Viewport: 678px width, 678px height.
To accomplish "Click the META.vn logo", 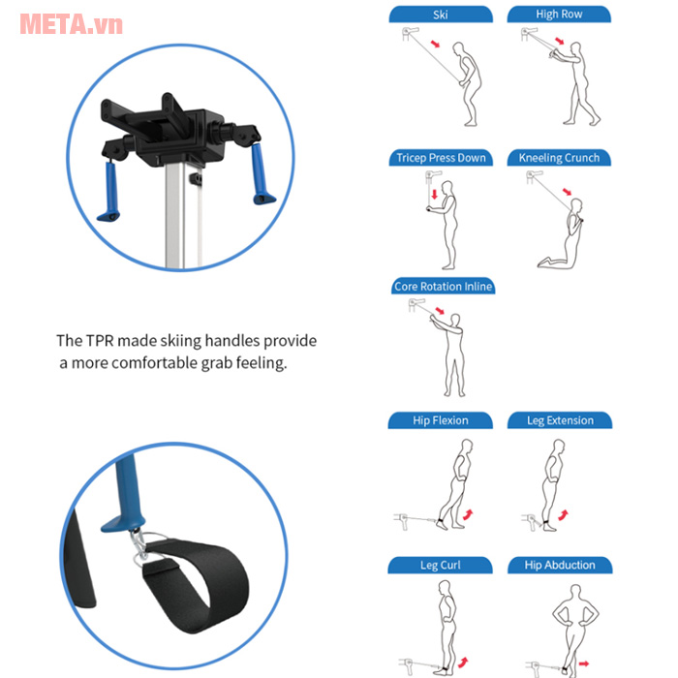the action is (72, 24).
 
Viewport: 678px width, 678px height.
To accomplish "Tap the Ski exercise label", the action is (441, 15).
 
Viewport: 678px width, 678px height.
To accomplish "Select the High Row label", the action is (559, 15).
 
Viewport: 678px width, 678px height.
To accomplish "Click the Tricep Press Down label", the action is (441, 158).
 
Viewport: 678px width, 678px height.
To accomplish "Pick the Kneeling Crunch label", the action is (559, 158).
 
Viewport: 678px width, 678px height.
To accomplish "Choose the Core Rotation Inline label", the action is (444, 287).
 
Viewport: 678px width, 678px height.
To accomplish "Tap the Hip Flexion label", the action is (440, 420).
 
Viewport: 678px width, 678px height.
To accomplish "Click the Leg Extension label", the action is (560, 420).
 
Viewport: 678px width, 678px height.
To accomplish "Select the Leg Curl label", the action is (440, 565).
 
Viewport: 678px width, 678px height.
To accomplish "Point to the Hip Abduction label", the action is (560, 565).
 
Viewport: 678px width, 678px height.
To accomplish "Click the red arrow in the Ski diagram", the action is (436, 44).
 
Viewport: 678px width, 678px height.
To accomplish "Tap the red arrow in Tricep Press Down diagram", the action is (435, 195).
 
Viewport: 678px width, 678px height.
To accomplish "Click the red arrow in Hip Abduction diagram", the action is (584, 663).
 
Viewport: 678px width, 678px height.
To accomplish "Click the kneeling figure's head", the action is (576, 204).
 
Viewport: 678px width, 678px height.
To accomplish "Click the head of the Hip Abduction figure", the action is (575, 592).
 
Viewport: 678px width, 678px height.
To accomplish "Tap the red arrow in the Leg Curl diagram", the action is (463, 662).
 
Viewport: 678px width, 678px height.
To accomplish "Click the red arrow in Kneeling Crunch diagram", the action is (567, 192).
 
